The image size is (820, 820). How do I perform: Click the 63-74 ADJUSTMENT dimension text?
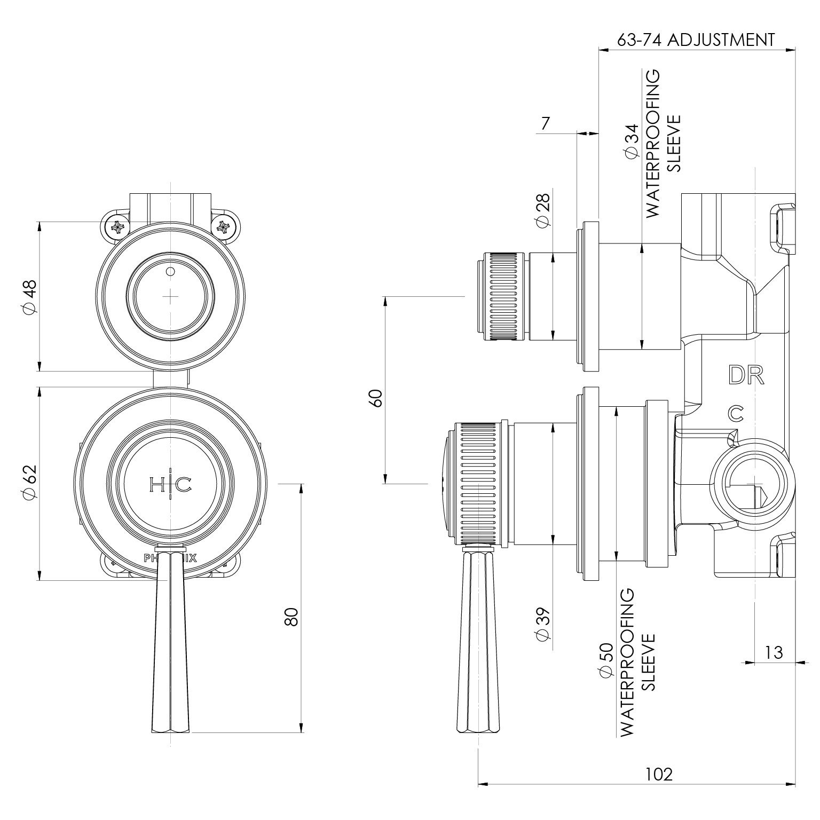695,40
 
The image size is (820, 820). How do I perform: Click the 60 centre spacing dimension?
376,398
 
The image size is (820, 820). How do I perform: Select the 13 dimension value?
773,652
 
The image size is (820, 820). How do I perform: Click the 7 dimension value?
545,124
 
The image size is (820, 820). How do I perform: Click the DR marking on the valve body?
746,376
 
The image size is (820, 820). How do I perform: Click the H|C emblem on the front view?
170,485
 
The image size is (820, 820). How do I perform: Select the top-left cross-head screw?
117,228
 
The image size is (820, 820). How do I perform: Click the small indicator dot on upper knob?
170,272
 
